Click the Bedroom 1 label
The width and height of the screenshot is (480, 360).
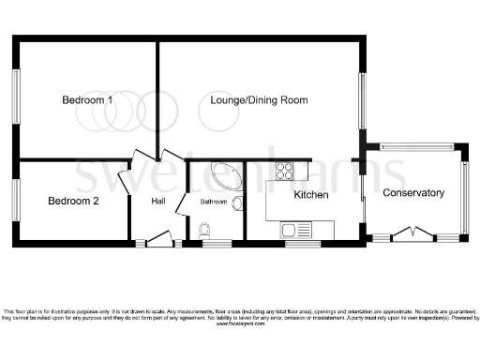(x=87, y=99)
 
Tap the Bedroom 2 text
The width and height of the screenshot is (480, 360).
(x=73, y=200)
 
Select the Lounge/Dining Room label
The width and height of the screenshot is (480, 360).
(x=259, y=99)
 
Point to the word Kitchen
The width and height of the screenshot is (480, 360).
(x=310, y=195)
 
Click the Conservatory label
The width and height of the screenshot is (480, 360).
(x=412, y=192)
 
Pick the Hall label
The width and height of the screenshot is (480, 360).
(x=158, y=201)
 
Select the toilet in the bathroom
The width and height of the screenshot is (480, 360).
(x=205, y=228)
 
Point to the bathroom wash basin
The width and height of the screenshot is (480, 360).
(x=237, y=203)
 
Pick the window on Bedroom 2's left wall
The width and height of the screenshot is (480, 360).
(x=16, y=200)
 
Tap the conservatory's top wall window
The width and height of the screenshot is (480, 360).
(x=416, y=146)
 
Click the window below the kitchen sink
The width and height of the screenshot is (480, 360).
(x=297, y=244)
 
